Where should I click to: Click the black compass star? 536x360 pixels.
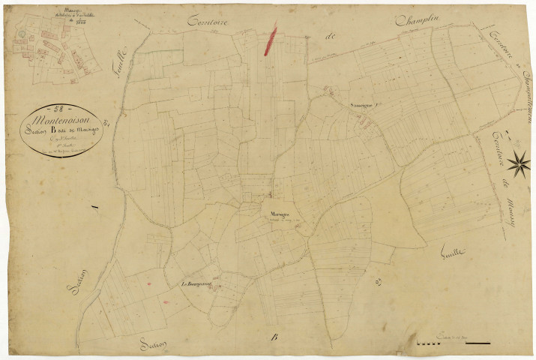(x=518, y=160)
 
